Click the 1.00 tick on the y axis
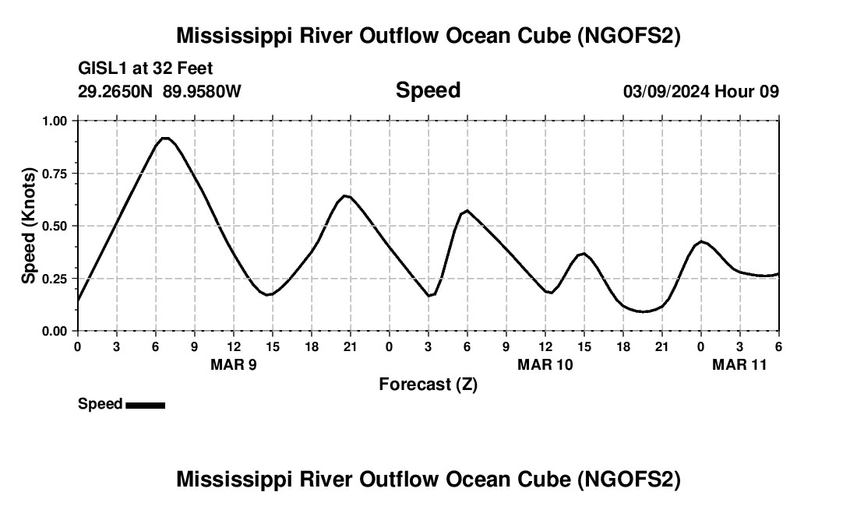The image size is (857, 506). [x=56, y=121]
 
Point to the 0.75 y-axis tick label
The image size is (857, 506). [x=56, y=174]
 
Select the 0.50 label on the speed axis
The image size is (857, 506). [x=56, y=226]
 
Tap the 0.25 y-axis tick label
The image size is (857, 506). [x=56, y=279]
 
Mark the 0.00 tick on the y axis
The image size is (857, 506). [x=56, y=331]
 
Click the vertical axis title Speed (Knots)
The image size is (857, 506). [x=29, y=226]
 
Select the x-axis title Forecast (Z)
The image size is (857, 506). [x=428, y=384]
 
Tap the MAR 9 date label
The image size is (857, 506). [x=233, y=365]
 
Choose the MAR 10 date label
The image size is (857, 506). [x=545, y=365]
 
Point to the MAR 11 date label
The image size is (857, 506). [x=740, y=365]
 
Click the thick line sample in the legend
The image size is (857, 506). [x=145, y=405]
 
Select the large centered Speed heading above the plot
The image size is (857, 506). [x=428, y=90]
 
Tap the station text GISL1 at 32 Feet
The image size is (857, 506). [x=146, y=69]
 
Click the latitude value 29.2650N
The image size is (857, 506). [x=116, y=92]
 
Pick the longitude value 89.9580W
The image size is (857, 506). [x=202, y=92]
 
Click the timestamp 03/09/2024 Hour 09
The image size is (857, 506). [x=700, y=92]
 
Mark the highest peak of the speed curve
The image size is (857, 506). [x=165, y=138]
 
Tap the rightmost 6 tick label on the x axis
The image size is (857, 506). [x=778, y=346]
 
